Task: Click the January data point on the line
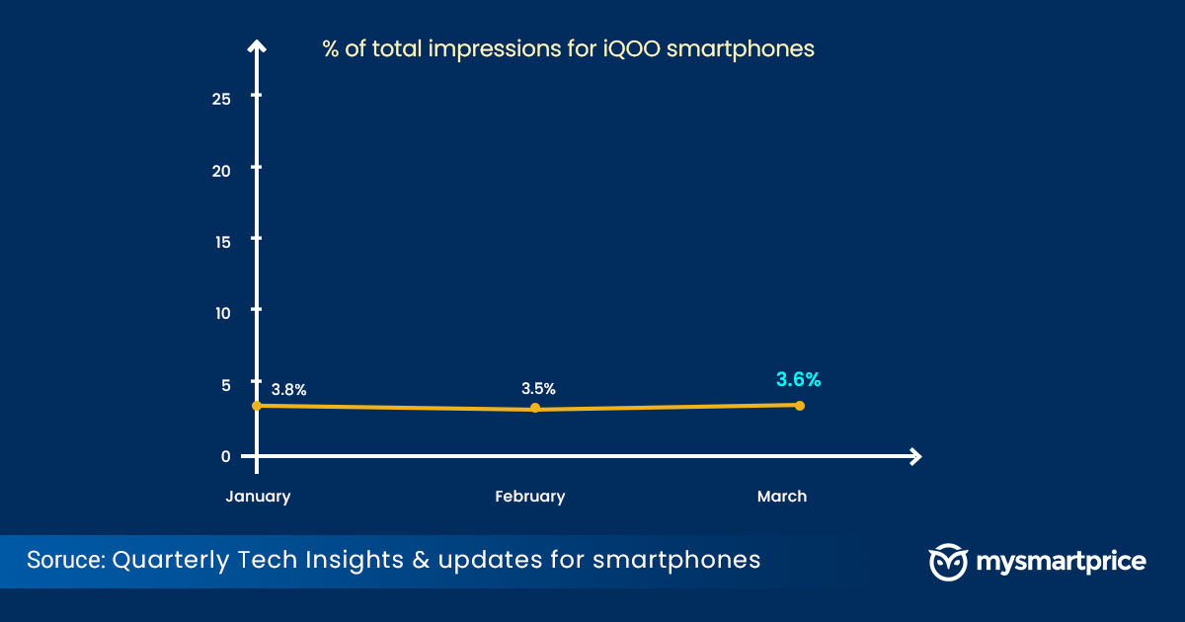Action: (257, 406)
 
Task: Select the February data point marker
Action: (535, 408)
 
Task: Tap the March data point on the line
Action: (800, 406)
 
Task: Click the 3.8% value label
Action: (288, 390)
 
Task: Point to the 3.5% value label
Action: (538, 389)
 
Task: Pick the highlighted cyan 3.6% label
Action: (798, 379)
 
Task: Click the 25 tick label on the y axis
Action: (221, 99)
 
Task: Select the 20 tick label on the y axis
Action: (221, 171)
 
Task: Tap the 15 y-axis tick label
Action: (223, 242)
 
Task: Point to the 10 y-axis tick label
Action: (223, 313)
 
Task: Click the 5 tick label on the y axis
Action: (226, 385)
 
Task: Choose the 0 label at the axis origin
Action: (226, 456)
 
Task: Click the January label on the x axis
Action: (258, 497)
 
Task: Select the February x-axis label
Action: (530, 497)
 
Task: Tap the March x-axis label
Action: (782, 496)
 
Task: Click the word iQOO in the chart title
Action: (632, 48)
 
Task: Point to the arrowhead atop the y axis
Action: (257, 46)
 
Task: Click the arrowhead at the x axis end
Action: (916, 456)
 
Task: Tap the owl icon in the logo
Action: (949, 562)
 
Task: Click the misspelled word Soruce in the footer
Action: (66, 560)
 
